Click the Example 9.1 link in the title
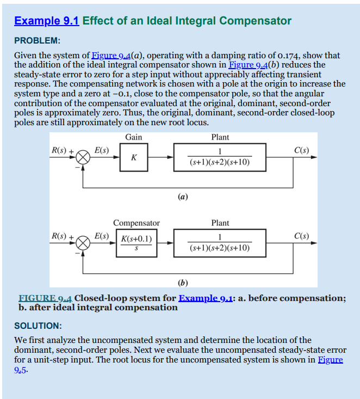coord(47,21)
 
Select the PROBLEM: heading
coord(37,40)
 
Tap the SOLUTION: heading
coord(38,326)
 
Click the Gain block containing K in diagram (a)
coord(134,157)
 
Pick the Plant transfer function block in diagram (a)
coord(220,157)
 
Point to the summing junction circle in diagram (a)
coord(83,157)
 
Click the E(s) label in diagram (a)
coord(102,150)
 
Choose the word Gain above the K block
coord(134,137)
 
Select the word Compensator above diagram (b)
coord(136,223)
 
